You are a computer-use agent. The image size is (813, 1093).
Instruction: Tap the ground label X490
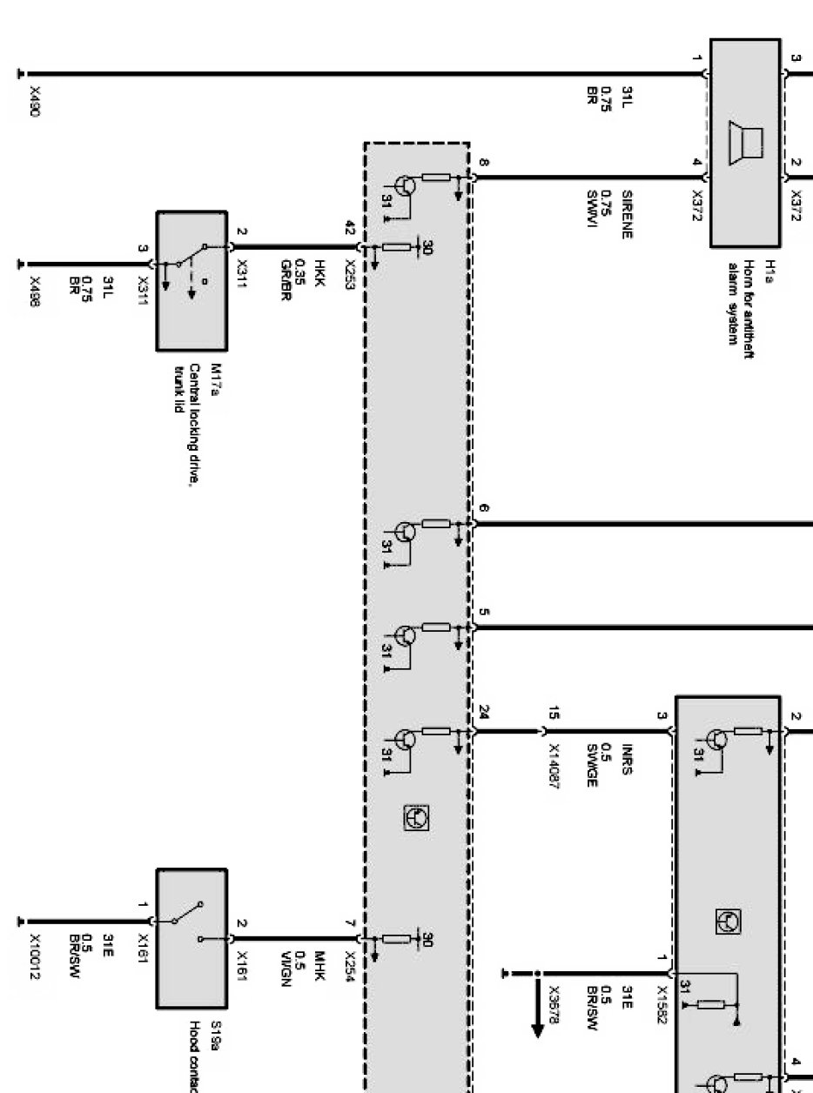pyautogui.click(x=35, y=102)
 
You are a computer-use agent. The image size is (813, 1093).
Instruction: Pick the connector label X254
pyautogui.click(x=350, y=962)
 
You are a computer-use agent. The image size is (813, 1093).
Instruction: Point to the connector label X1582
pyautogui.click(x=662, y=1004)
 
